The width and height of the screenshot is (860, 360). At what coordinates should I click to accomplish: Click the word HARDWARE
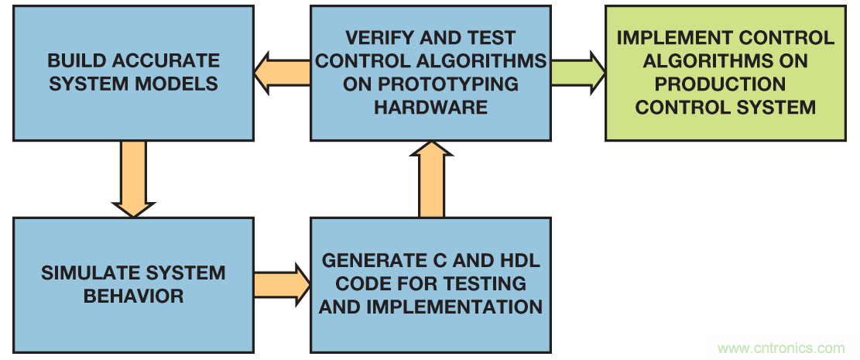tap(430, 107)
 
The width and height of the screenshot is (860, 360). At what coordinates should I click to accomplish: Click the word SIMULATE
tap(87, 273)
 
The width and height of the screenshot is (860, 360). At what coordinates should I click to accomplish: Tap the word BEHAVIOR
tap(133, 296)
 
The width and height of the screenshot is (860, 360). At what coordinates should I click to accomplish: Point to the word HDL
tap(517, 261)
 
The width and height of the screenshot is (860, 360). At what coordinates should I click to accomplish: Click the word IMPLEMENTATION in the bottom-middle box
tap(454, 307)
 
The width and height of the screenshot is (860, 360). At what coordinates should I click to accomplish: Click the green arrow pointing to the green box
tap(577, 72)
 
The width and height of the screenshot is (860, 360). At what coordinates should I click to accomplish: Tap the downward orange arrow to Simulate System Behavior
tap(133, 179)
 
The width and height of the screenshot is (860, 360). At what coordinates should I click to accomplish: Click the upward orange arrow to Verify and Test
tap(431, 180)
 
